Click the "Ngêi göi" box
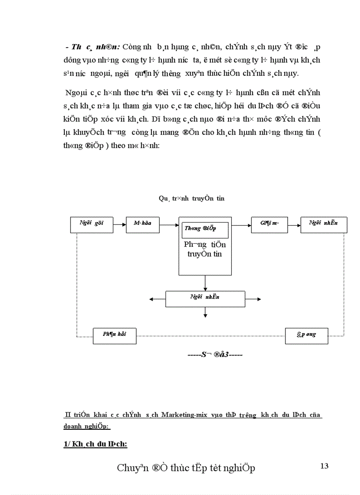[92, 224]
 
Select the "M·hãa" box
[142, 224]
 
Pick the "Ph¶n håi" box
[114, 335]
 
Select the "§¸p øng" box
[307, 335]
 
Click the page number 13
[325, 466]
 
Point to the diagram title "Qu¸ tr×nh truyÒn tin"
[191, 199]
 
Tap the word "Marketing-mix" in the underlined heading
[184, 415]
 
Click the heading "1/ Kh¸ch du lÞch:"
[95, 444]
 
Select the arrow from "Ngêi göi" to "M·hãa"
[120, 225]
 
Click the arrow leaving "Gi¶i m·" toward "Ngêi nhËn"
[293, 225]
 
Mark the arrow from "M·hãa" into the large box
[169, 225]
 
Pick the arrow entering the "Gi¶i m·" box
[241, 225]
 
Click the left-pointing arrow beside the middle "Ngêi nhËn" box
[157, 299]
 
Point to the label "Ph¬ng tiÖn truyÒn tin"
[205, 249]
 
